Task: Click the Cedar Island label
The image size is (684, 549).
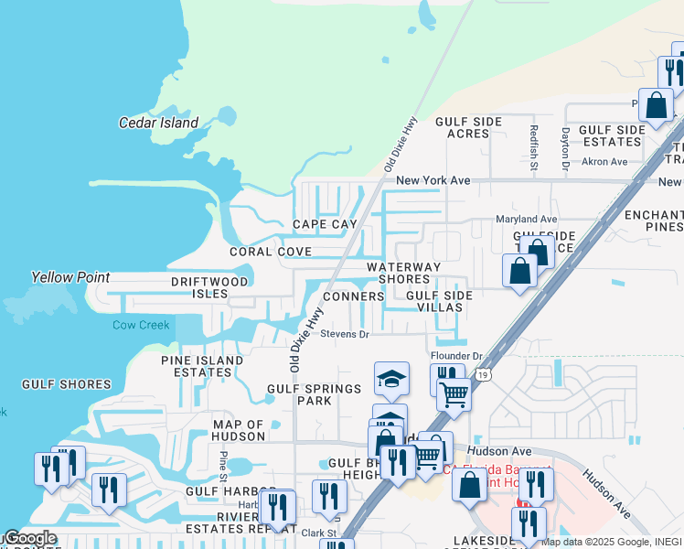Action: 158,123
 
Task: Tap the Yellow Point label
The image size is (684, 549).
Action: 70,277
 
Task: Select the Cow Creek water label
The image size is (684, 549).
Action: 141,325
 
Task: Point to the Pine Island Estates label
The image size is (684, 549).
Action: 202,367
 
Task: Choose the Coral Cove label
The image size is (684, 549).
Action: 270,252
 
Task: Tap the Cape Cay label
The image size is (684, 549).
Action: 325,224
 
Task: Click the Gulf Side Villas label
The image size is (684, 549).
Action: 439,302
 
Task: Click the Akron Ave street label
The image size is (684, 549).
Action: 606,162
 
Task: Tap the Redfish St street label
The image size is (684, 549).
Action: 532,142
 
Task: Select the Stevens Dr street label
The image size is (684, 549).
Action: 344,335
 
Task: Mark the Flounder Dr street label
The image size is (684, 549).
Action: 456,356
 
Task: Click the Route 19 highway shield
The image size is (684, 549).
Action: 482,373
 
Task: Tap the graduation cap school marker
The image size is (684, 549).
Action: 390,379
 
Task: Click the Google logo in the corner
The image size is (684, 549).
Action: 29,538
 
